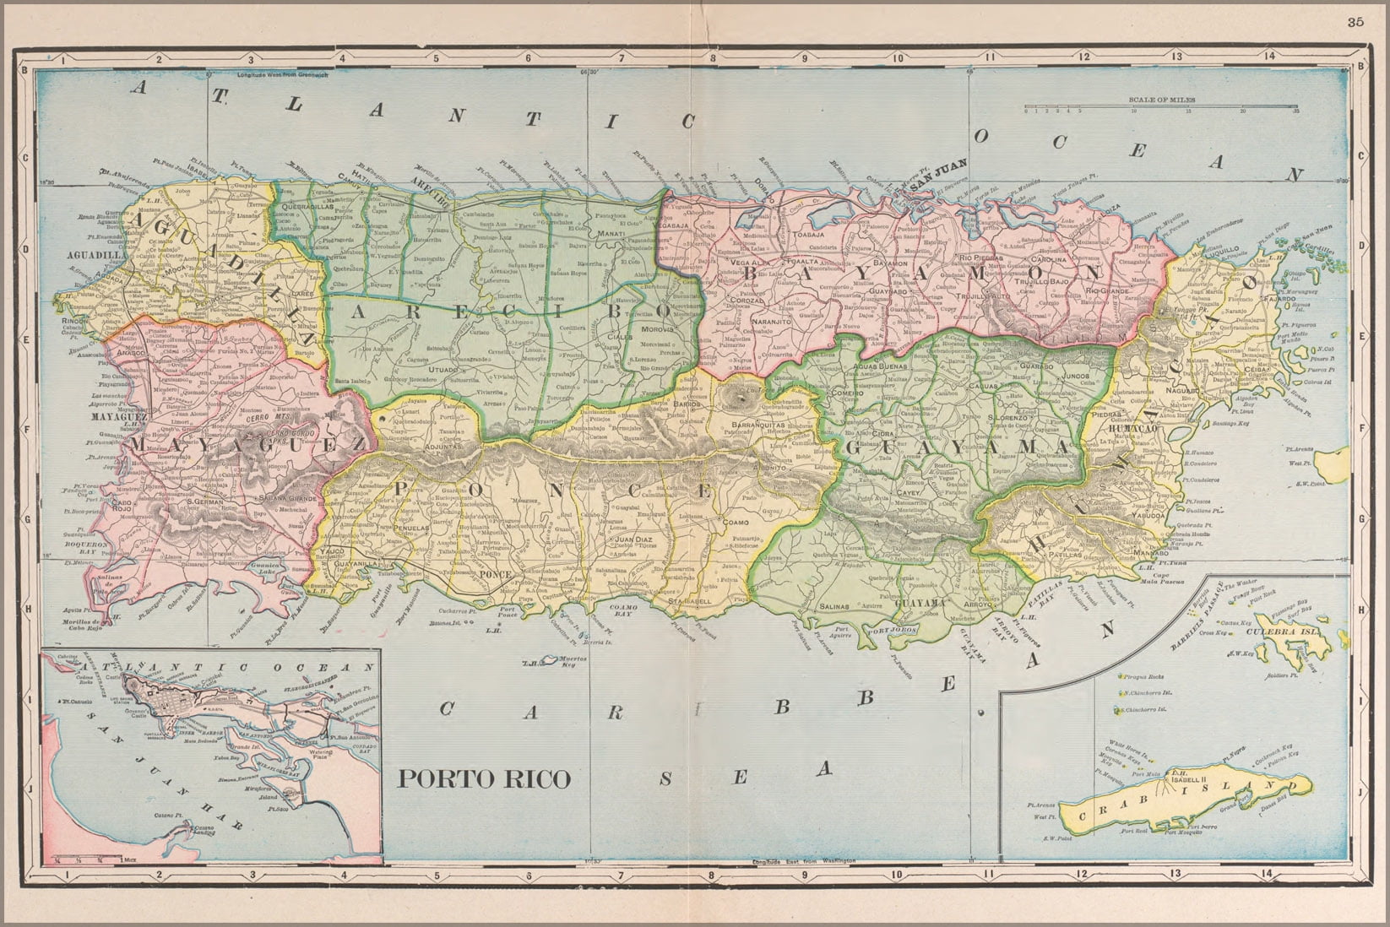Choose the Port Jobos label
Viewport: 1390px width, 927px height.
point(892,629)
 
